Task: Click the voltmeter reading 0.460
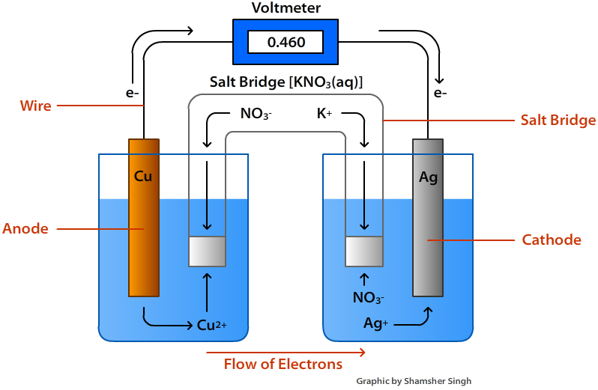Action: click(286, 42)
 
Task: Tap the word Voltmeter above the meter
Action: click(286, 8)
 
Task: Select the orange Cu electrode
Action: click(143, 217)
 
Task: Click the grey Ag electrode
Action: click(428, 217)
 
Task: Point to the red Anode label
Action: click(25, 228)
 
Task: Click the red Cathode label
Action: click(552, 240)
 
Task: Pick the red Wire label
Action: click(35, 106)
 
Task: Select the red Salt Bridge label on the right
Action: click(558, 120)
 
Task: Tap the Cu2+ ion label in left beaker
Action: click(211, 325)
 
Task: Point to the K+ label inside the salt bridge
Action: click(324, 114)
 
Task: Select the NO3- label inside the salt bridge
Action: click(256, 115)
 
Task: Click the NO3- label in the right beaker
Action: click(368, 298)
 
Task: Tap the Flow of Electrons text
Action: click(283, 365)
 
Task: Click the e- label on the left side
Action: click(133, 94)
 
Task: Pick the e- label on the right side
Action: click(440, 94)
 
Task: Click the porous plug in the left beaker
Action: click(207, 252)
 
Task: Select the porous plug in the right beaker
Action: click(363, 252)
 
